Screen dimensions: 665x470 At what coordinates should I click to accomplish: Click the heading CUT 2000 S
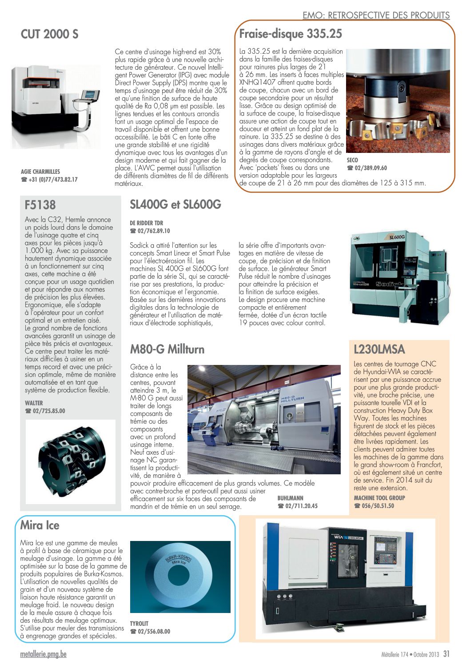point(49,34)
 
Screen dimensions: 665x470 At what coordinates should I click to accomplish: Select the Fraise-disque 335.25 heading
point(291,33)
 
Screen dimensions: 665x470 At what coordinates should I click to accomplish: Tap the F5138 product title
point(40,205)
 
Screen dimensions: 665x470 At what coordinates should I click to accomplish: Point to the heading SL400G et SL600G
point(175,204)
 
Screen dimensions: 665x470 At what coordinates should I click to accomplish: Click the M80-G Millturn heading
point(167,349)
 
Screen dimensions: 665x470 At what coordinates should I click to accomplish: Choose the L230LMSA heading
point(379,349)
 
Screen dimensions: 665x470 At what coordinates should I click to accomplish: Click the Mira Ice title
point(40,525)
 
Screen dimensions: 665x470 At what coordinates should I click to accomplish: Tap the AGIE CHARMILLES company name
point(40,172)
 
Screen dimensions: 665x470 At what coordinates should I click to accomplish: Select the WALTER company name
point(34,403)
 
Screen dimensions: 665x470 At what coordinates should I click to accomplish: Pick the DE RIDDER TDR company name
point(146,223)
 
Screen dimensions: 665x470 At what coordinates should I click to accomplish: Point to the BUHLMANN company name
point(290,498)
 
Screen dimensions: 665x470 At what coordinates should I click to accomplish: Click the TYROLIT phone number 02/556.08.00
point(153,631)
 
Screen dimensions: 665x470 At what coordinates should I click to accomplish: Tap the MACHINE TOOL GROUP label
point(379,498)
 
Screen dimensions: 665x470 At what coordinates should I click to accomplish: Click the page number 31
point(446,654)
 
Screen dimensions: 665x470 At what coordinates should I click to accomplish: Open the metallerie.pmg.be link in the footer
point(43,654)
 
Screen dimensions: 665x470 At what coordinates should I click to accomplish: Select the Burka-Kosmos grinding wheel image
point(180,577)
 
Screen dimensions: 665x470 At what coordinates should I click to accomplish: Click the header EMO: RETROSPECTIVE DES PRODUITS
point(376,15)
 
